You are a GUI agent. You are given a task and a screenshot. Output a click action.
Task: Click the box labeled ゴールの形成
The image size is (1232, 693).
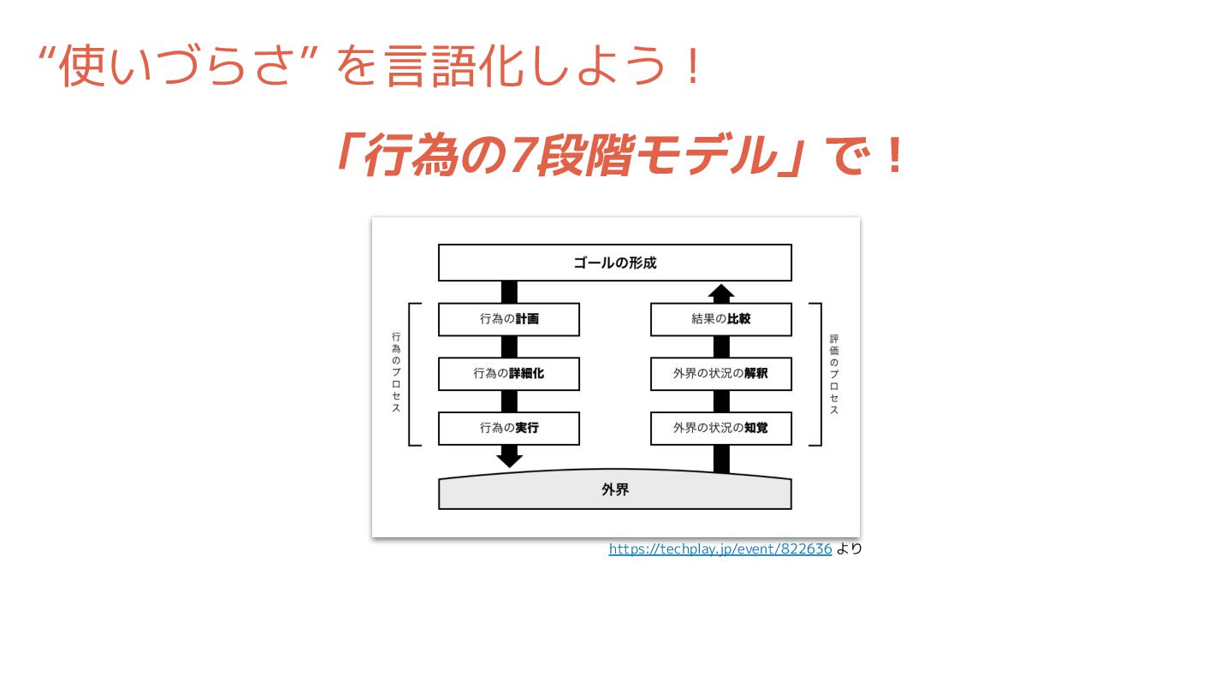pos(614,263)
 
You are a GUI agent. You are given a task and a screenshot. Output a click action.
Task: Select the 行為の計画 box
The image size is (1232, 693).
pos(508,319)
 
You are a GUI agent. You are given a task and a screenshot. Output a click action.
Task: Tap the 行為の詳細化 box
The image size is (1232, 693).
pos(508,374)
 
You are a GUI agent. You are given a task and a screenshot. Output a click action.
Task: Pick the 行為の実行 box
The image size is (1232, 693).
pos(508,429)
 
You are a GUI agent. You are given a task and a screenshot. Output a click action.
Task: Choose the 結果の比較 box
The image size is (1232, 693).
pos(720,319)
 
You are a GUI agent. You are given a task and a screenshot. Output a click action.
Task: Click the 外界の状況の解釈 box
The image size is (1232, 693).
pos(720,374)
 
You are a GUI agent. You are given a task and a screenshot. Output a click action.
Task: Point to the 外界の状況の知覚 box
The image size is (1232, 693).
pos(720,429)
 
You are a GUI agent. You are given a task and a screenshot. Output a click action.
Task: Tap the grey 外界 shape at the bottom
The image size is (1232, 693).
pos(614,490)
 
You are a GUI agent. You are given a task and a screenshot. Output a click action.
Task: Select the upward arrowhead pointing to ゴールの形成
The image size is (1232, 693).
pos(721,292)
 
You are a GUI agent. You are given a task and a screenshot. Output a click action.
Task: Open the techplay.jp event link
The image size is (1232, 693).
pos(720,549)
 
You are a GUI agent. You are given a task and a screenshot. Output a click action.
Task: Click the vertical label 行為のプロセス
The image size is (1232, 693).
pos(396,373)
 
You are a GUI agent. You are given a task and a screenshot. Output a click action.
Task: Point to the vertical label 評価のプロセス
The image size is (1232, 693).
pos(834,375)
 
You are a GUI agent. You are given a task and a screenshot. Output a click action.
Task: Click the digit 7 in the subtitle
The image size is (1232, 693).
pos(521,156)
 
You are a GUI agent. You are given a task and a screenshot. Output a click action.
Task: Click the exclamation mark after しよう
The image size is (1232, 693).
pos(693,67)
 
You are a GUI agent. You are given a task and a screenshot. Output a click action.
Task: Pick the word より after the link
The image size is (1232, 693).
pos(850,549)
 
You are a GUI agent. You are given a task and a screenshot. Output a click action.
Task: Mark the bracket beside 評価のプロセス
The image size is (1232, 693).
pos(816,374)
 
